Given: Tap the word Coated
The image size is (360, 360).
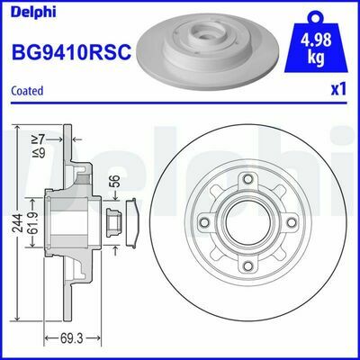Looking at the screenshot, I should [28, 90].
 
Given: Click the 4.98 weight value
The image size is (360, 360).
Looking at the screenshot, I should [314, 41].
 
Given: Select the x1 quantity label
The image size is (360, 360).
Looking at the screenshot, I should [339, 91].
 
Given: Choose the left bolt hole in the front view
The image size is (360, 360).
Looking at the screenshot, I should [205, 223].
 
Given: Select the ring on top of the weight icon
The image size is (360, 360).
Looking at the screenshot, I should [314, 14].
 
